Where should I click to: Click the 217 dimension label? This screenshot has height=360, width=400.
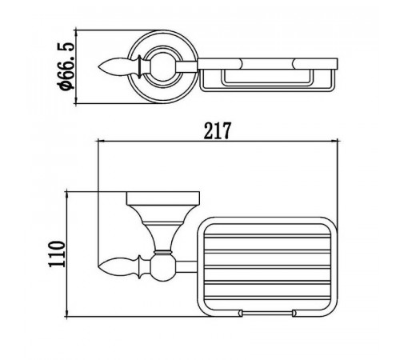click(x=217, y=130)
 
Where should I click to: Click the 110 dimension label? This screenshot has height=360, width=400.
click(x=57, y=254)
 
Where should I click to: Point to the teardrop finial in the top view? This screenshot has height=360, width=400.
click(x=118, y=67)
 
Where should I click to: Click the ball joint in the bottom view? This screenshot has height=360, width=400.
click(x=163, y=267)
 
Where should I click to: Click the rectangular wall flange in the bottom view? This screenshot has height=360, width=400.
click(x=163, y=198)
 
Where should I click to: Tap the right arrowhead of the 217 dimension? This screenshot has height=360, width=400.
click(x=334, y=141)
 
